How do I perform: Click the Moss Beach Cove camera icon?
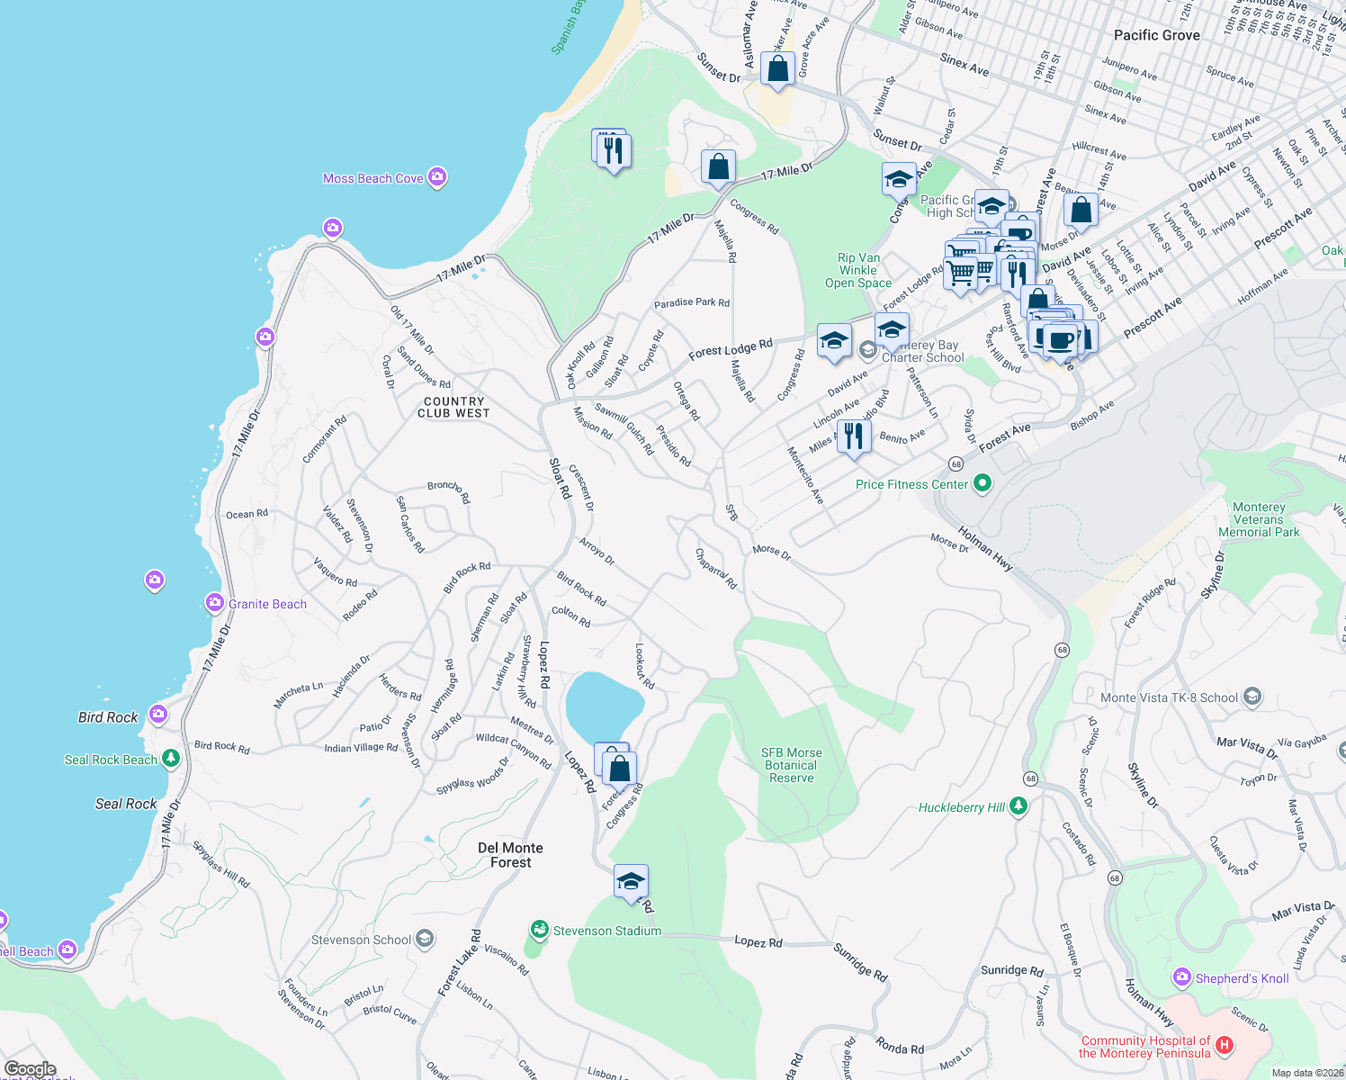(437, 177)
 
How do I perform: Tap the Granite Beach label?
(267, 604)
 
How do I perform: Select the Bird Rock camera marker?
(158, 715)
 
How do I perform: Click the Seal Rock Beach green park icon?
(170, 759)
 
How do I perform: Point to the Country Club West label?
(453, 408)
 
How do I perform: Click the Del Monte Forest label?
(510, 855)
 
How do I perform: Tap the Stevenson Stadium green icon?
(539, 929)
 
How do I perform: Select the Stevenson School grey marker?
(425, 940)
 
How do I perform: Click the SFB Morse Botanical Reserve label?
(791, 765)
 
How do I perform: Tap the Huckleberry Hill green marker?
(1018, 806)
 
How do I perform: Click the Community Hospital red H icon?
(1224, 1045)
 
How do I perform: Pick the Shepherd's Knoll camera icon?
(1181, 977)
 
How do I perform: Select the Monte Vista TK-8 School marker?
(1252, 697)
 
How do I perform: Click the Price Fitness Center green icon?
(983, 483)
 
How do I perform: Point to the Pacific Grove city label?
(1156, 35)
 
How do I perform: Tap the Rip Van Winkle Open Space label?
(858, 270)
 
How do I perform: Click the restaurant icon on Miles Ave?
(853, 436)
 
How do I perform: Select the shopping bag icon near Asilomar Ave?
(777, 68)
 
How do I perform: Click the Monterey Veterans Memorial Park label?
(1258, 519)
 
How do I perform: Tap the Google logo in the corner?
(31, 1069)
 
